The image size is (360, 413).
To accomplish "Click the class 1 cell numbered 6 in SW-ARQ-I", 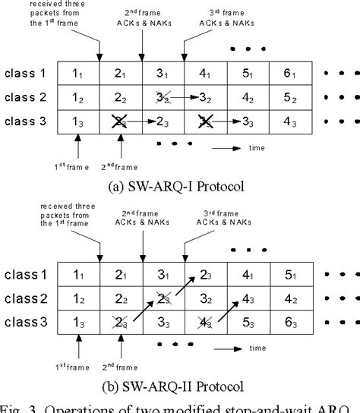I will pos(289,73).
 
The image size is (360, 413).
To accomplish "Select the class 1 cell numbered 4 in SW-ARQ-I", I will pos(204,73).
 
